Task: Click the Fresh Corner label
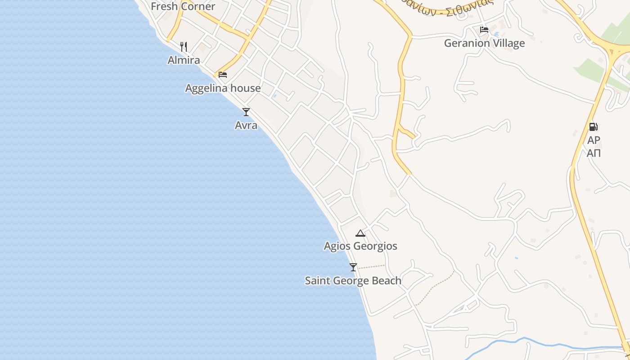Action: pos(183,6)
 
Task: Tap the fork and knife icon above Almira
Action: pos(184,46)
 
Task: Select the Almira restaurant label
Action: pos(184,60)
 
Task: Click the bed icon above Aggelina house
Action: pos(223,75)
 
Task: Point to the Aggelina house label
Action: pos(223,88)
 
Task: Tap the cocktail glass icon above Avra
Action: pos(246,112)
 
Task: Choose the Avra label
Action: pos(246,125)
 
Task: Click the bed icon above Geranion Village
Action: pos(484,30)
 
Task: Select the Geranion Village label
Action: pos(484,43)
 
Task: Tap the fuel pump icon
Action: pos(594,127)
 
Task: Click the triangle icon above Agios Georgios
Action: pos(360,233)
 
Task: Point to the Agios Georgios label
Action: pos(360,246)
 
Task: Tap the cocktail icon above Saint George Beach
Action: pos(353,267)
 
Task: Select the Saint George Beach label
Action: pos(353,281)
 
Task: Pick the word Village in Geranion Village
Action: pos(508,43)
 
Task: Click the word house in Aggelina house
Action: pos(245,88)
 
